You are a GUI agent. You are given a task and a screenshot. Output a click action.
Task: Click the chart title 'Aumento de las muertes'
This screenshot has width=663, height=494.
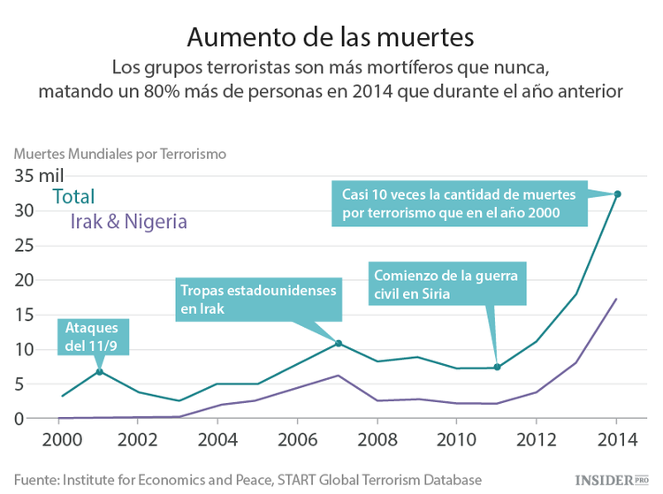click(331, 37)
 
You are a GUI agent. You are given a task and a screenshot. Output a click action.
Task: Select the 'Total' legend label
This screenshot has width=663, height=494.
click(73, 197)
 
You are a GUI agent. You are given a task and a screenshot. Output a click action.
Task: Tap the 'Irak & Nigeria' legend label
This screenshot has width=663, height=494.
click(128, 222)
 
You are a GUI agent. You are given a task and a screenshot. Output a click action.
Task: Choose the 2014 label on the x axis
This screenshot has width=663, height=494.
click(617, 439)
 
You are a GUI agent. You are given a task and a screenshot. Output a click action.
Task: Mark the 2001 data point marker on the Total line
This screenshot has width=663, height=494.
click(100, 371)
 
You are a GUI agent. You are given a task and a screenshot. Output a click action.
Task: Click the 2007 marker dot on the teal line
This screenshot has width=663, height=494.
click(339, 343)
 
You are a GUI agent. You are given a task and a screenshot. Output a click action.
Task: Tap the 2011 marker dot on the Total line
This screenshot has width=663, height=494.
click(498, 367)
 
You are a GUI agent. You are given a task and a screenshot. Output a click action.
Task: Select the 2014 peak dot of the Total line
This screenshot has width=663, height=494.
click(617, 194)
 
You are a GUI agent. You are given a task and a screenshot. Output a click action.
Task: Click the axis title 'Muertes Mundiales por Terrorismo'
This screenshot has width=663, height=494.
click(120, 153)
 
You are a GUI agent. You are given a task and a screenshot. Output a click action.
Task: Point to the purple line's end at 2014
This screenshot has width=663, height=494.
click(616, 300)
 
